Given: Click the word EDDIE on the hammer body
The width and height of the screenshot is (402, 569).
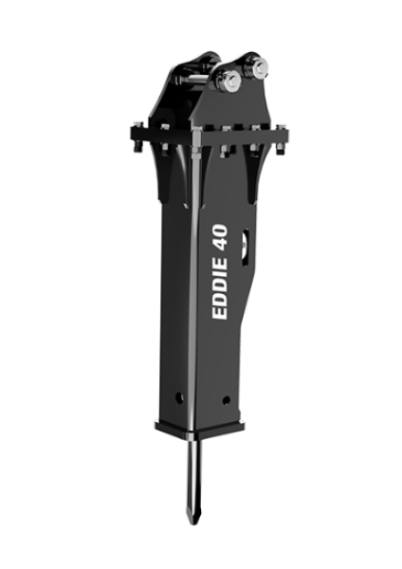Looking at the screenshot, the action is (220, 288).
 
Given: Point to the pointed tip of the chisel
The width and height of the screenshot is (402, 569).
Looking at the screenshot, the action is (192, 523).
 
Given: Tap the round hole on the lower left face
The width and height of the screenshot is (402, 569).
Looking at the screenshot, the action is (179, 397).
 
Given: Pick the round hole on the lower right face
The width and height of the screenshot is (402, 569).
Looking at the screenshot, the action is (226, 400).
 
